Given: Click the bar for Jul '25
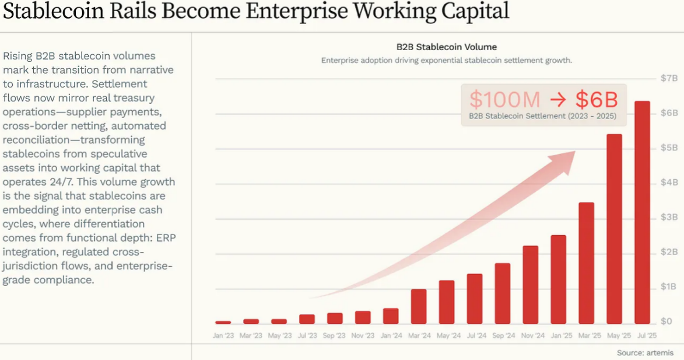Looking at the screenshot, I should (642, 212).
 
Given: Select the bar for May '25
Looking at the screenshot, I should (614, 229).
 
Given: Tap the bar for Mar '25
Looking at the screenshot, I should (586, 263).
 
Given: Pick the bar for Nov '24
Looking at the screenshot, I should (530, 285).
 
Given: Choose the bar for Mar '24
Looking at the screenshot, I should (418, 306).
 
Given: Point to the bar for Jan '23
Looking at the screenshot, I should (223, 322).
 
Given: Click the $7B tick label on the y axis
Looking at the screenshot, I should (668, 78).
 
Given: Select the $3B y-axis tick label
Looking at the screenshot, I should (668, 218).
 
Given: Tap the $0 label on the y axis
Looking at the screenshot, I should (667, 321).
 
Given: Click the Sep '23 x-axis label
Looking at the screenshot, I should (335, 335).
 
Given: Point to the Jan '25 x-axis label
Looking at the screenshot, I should (558, 335).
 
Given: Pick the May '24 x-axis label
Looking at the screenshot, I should (446, 335).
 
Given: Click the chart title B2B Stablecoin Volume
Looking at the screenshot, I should (447, 47).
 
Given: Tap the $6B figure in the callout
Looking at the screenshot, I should (597, 99).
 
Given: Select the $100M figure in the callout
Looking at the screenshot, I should (505, 99).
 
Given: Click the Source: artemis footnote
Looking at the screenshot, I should (645, 352).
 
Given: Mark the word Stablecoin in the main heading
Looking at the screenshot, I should (58, 11).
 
